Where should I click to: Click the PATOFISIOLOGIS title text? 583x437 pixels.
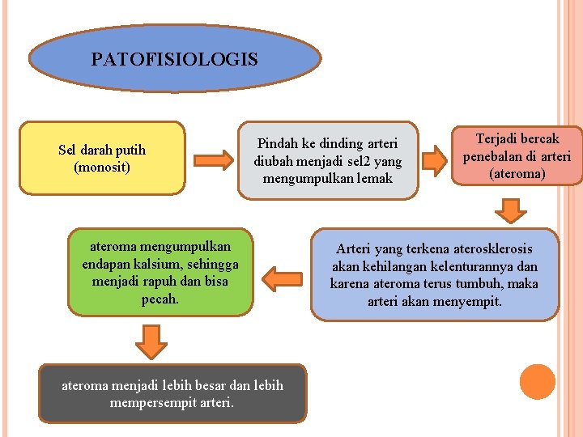[x=174, y=59]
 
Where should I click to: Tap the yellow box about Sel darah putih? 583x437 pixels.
[x=102, y=159]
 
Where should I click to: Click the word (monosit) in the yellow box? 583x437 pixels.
[x=102, y=168]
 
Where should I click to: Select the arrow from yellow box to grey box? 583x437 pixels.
[x=213, y=159]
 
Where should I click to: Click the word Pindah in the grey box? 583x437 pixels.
[x=277, y=143]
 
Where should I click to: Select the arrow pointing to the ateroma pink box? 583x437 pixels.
[x=437, y=159]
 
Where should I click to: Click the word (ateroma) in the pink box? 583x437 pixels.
[x=517, y=173]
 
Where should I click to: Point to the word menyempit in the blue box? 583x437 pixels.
[x=471, y=301]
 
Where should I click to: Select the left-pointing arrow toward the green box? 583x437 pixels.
[x=282, y=279]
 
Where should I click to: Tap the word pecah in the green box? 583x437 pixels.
[x=159, y=299]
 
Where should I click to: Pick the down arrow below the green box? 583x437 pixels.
[x=151, y=341]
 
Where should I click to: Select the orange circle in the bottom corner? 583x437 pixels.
[x=538, y=382]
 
